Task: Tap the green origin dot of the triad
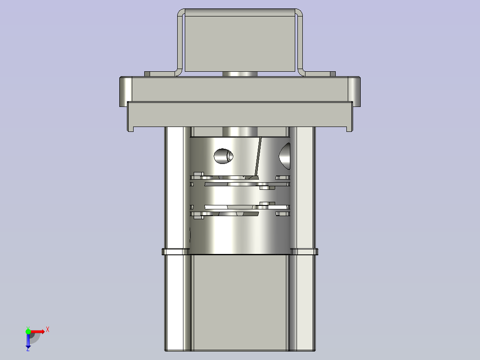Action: (28, 331)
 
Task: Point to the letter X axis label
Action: (48, 329)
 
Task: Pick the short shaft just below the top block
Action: (240, 74)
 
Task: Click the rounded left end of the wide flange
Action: (126, 91)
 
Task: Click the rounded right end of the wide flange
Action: (355, 91)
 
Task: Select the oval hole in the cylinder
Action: (224, 155)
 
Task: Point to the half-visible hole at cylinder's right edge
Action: (285, 155)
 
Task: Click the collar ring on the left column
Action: (175, 252)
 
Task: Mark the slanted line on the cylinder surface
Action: (258, 156)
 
